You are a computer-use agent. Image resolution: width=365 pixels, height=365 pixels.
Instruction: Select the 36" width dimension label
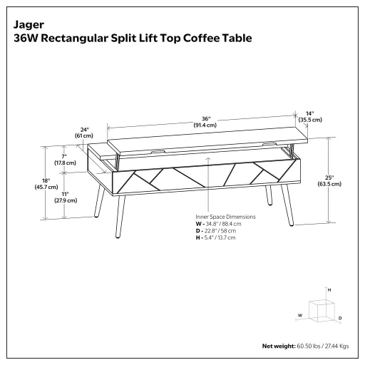[205, 120]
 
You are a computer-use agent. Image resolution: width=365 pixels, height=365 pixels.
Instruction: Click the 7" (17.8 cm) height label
[65, 159]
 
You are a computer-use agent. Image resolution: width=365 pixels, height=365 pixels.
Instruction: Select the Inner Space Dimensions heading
[225, 216]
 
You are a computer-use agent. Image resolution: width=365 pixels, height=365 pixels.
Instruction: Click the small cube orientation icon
[325, 309]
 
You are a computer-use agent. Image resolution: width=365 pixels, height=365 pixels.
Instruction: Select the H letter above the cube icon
[329, 291]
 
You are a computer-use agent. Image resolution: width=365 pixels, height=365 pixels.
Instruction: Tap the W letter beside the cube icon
[300, 314]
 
